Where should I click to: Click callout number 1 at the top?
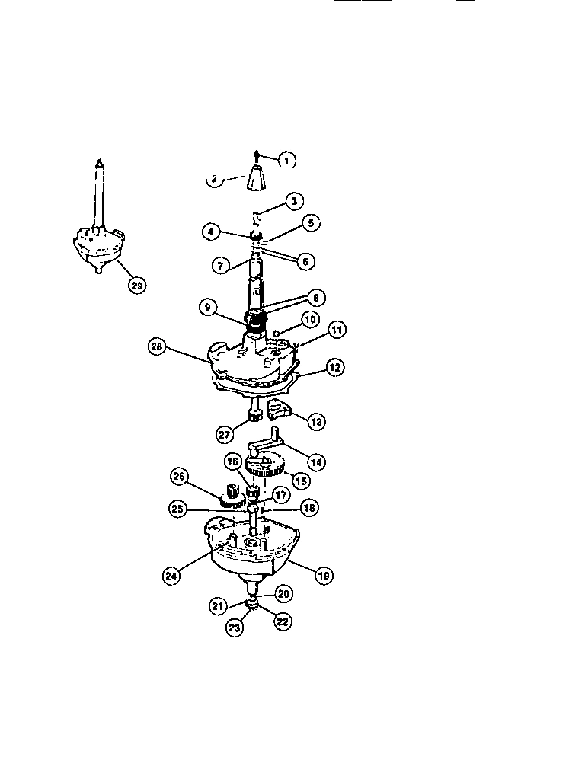[286, 160]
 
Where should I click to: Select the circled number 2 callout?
[216, 180]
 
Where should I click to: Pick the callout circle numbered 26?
[179, 477]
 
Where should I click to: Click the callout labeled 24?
[173, 576]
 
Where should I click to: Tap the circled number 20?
[283, 593]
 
